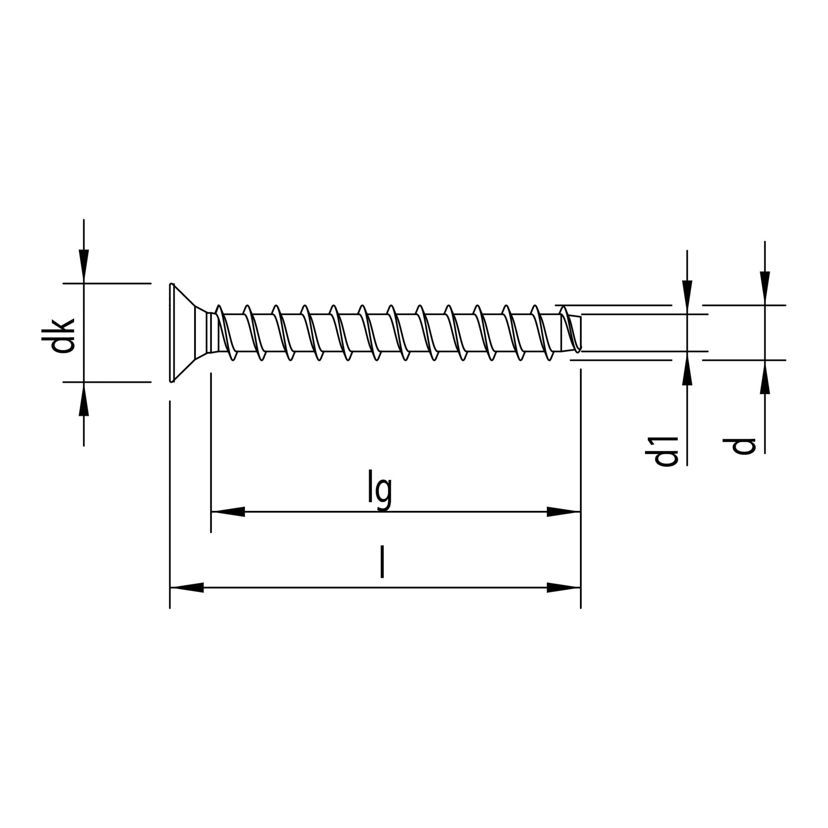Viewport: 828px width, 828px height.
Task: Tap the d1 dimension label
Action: click(x=661, y=452)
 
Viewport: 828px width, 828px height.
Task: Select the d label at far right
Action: click(x=739, y=446)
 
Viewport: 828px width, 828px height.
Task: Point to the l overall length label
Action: click(x=382, y=562)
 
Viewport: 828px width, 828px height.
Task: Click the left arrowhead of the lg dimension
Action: click(x=228, y=512)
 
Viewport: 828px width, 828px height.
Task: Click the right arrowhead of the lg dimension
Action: click(x=563, y=512)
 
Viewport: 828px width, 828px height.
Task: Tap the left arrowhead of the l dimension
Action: click(x=187, y=587)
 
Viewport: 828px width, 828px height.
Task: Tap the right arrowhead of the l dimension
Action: click(x=563, y=587)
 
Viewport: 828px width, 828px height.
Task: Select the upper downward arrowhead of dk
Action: click(x=84, y=266)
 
